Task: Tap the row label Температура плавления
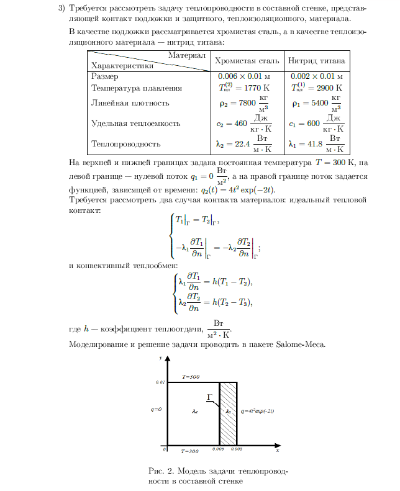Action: click(137, 88)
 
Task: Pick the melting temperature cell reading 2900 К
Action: click(316, 88)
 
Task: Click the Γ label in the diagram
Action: click(210, 395)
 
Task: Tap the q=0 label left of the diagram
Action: click(156, 410)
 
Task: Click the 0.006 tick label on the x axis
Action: click(218, 448)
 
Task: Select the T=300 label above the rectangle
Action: click(190, 377)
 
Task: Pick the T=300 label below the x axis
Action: click(190, 451)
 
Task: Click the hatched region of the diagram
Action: click(228, 413)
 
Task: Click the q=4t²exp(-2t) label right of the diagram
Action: click(257, 410)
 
